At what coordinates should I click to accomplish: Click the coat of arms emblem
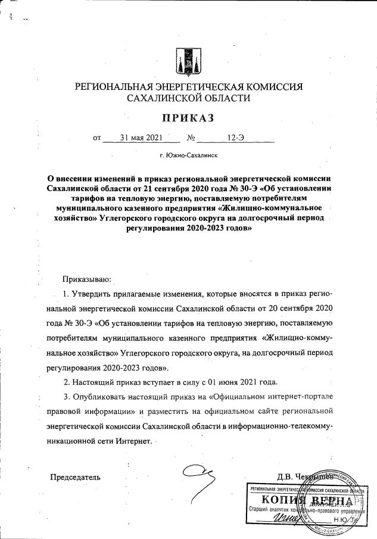(188, 60)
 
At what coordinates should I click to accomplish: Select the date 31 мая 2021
(141, 139)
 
